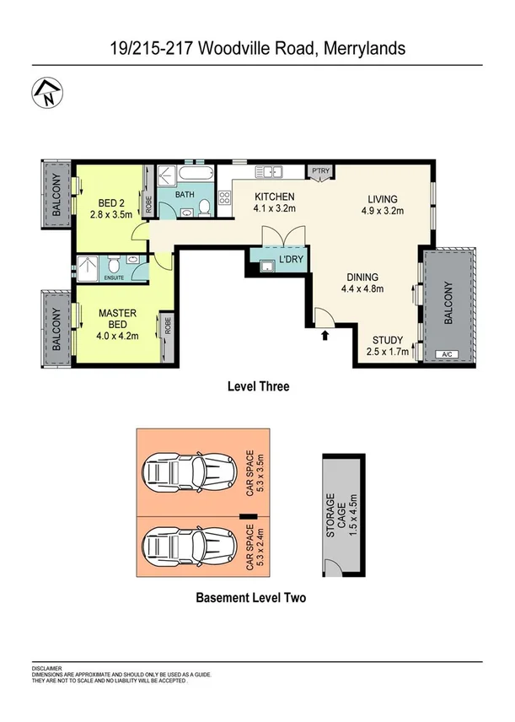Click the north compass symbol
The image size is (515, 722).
[x=46, y=94]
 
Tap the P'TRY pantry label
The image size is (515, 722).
[x=319, y=170]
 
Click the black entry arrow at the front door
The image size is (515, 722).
[x=325, y=337]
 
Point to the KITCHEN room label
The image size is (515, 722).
[x=275, y=197]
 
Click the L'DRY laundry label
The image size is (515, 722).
[x=289, y=259]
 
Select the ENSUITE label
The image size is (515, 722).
[x=114, y=276]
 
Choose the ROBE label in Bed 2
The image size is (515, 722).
[x=148, y=202]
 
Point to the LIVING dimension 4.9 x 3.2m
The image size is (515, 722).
[x=384, y=211]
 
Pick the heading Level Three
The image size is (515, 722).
[x=258, y=386]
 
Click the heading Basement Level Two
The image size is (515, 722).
[x=250, y=598]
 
